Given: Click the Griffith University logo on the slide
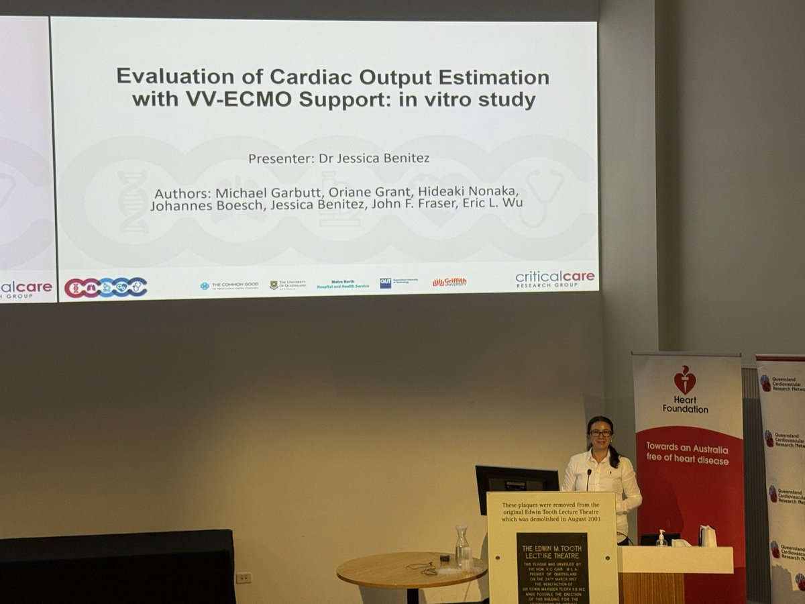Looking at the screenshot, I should [x=449, y=283].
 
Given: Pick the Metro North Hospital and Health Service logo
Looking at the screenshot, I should [x=343, y=285].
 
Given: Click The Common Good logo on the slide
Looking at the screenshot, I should [x=229, y=285].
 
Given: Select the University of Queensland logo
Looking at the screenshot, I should [x=288, y=285].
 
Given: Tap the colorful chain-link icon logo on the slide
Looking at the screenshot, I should [x=105, y=287].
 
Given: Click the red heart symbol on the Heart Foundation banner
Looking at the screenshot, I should [x=685, y=381].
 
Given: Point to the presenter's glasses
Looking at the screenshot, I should [x=601, y=433].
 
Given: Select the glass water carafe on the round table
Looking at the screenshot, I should [x=462, y=544].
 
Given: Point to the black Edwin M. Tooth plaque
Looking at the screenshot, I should [x=552, y=567].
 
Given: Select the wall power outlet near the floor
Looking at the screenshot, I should [x=244, y=577].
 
